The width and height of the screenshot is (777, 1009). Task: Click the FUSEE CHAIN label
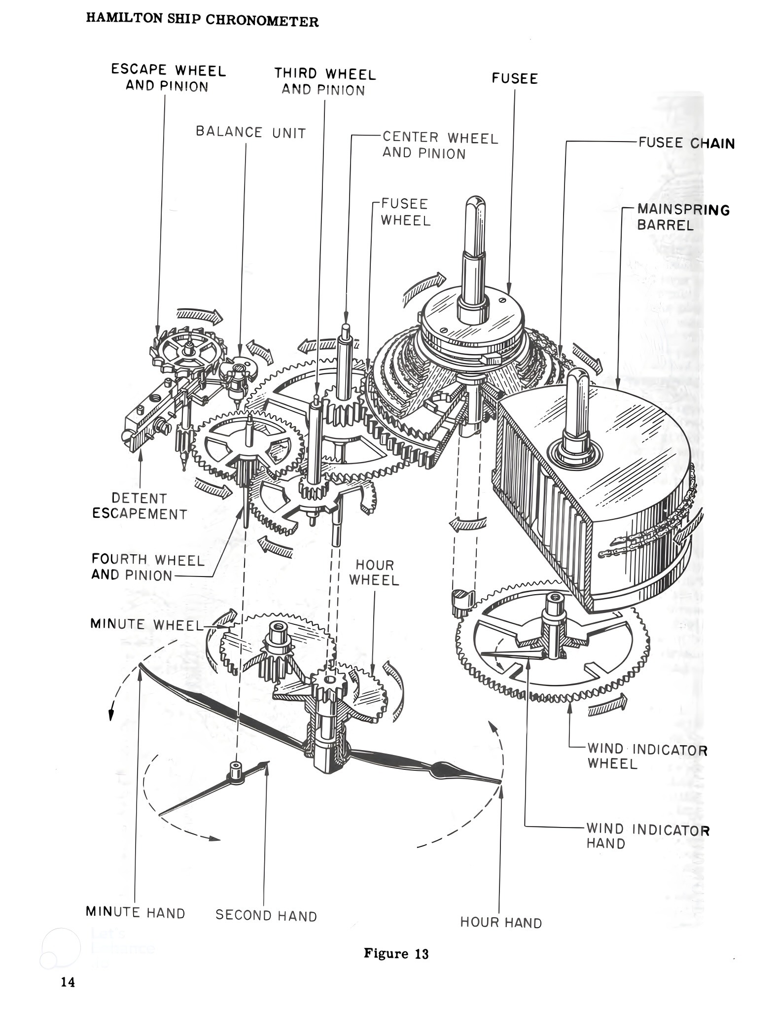point(686,143)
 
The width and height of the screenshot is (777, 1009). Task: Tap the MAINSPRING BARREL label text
point(682,217)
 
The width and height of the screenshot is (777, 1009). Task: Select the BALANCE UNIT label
point(250,132)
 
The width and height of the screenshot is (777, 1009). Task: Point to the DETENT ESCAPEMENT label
point(140,506)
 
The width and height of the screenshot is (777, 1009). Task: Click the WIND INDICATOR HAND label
point(647,836)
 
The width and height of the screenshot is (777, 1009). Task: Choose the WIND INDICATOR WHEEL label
point(647,757)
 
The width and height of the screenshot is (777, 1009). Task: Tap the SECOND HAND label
point(266,916)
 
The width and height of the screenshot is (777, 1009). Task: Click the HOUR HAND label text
point(500,922)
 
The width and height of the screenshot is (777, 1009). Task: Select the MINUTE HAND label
point(136,912)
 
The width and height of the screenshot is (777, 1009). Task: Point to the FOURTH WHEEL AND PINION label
point(147,567)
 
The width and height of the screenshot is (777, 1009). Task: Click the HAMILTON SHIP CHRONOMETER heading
point(202,20)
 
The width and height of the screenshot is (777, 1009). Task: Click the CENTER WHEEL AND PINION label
point(440,145)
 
